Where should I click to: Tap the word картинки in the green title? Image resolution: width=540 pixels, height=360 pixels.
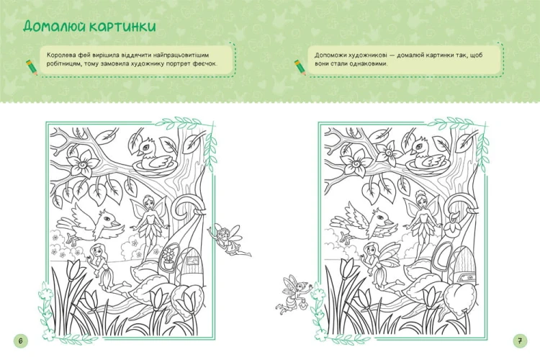[123, 27]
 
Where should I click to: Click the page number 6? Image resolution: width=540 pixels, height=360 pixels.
[20, 341]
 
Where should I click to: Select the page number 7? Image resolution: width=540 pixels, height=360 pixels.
[520, 341]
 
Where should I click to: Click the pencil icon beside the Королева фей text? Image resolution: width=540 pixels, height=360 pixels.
[32, 67]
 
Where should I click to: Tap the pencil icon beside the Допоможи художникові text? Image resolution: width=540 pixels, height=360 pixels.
[300, 67]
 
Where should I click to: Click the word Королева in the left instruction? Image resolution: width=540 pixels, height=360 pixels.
[60, 55]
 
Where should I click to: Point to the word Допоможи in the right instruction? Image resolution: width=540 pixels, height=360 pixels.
[330, 55]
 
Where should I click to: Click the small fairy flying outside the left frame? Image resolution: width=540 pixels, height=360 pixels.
[229, 240]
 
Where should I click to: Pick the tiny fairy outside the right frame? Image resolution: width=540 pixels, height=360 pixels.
[294, 294]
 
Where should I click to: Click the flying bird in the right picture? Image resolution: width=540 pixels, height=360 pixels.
[364, 223]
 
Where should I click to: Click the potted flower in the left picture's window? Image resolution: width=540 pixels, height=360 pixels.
[168, 258]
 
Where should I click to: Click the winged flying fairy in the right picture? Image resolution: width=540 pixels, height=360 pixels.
[381, 266]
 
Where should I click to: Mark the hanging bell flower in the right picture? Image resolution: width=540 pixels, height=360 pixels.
[451, 225]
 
